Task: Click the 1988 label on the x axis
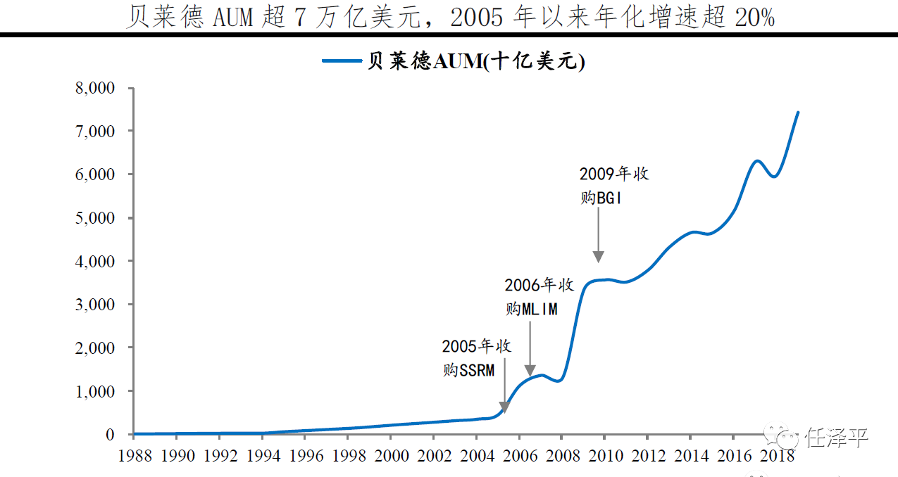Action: click(133, 455)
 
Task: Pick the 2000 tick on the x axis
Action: click(392, 455)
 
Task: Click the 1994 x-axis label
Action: click(263, 455)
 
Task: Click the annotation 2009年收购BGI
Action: click(613, 186)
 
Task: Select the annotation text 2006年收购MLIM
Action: click(539, 297)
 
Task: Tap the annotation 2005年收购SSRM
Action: click(476, 358)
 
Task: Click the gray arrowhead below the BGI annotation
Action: click(598, 257)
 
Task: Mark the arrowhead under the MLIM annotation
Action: click(530, 371)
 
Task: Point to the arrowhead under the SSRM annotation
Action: click(504, 408)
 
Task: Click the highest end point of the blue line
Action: click(797, 113)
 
